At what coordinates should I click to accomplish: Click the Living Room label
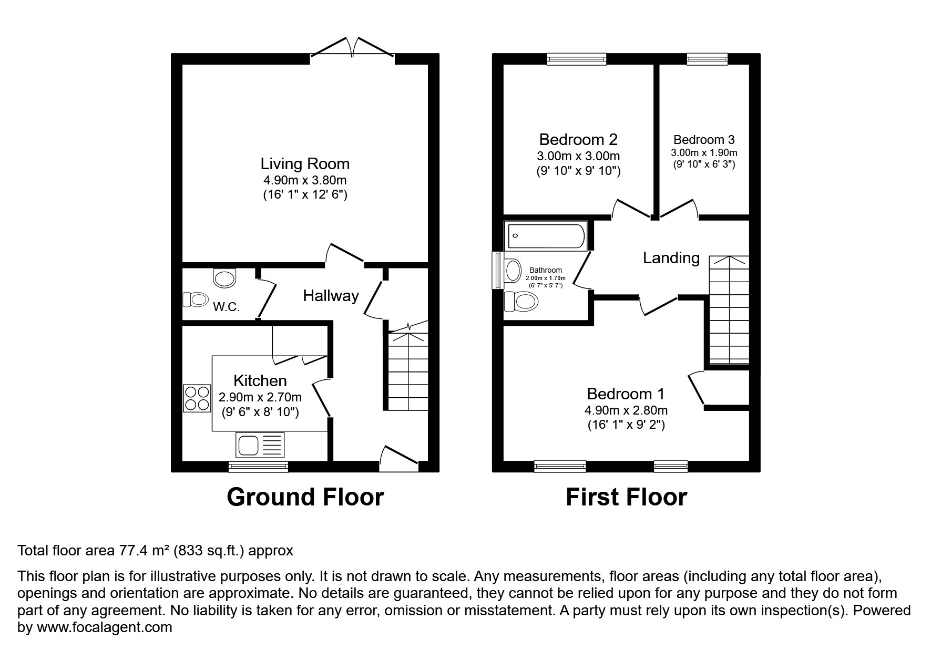pos(305,163)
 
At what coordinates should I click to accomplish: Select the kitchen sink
pos(260,446)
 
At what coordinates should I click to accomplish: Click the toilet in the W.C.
pos(195,299)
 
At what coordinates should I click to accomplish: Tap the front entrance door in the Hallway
pos(399,458)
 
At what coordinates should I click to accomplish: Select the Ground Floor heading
pos(305,497)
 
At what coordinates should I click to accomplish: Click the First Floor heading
pos(626,497)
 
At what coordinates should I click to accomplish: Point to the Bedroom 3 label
pos(703,140)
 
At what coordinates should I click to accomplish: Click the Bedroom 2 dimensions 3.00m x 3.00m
pos(578,156)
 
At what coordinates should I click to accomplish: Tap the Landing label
pos(671,258)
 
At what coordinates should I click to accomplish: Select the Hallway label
pos(331,296)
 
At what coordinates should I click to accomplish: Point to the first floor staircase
pos(729,310)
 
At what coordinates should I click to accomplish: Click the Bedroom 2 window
pos(576,59)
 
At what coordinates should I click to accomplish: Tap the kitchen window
pos(259,467)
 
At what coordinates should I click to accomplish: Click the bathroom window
pos(497,270)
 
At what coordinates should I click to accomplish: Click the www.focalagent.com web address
pos(104,627)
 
